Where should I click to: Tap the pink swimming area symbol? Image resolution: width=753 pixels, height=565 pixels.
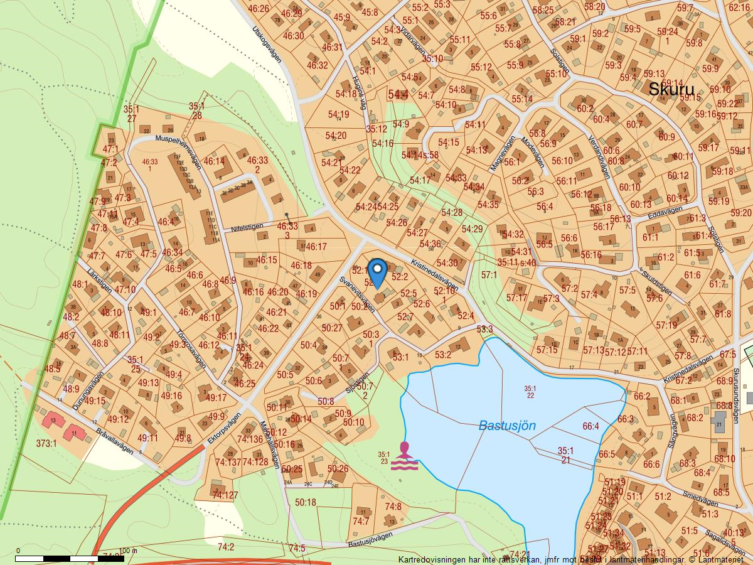(x=405, y=456)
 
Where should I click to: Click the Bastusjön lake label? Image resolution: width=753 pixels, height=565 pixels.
(x=507, y=426)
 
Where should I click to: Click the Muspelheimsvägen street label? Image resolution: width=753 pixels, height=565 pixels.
(x=179, y=150)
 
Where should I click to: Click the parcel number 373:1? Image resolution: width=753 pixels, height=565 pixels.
(x=46, y=443)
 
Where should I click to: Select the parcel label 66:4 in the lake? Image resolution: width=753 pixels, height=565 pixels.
(x=590, y=426)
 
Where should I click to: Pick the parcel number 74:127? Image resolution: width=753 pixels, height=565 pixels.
(x=225, y=495)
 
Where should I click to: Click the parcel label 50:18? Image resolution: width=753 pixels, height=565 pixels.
(x=306, y=502)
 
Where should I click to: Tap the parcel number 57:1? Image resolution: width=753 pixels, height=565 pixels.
(x=489, y=275)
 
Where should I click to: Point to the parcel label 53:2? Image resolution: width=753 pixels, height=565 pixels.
(x=442, y=355)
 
